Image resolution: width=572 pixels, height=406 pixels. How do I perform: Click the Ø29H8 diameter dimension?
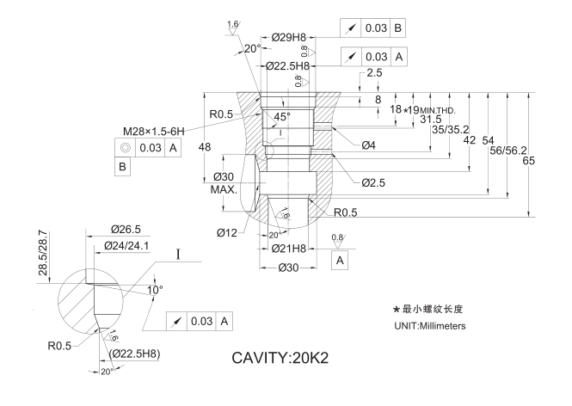pyautogui.click(x=288, y=38)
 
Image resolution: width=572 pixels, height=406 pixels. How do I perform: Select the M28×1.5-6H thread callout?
pyautogui.click(x=161, y=131)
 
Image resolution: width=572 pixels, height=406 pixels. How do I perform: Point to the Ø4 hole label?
pyautogui.click(x=368, y=144)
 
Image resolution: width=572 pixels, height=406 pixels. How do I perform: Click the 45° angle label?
pyautogui.click(x=282, y=116)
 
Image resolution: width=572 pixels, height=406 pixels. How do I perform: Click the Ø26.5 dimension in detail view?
pyautogui.click(x=126, y=230)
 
